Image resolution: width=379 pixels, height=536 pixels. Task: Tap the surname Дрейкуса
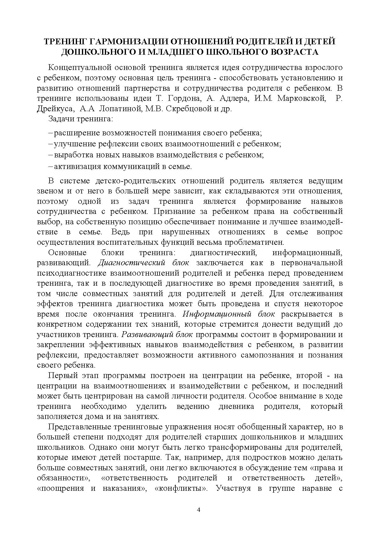(x=55, y=109)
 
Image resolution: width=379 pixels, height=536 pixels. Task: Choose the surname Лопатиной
(x=115, y=109)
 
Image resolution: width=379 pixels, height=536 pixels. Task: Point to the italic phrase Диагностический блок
(x=144, y=263)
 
